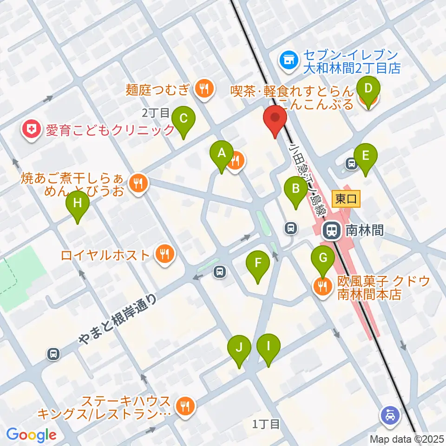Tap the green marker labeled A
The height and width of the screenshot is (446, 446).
pyautogui.click(x=222, y=154)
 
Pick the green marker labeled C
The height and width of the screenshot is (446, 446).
pyautogui.click(x=183, y=120)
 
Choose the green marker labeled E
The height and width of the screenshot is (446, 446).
pyautogui.click(x=365, y=157)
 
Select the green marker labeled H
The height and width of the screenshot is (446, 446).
pyautogui.click(x=78, y=204)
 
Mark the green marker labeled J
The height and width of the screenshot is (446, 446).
pyautogui.click(x=239, y=348)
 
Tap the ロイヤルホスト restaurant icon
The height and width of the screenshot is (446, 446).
pyautogui.click(x=164, y=254)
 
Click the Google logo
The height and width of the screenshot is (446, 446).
pyautogui.click(x=31, y=434)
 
